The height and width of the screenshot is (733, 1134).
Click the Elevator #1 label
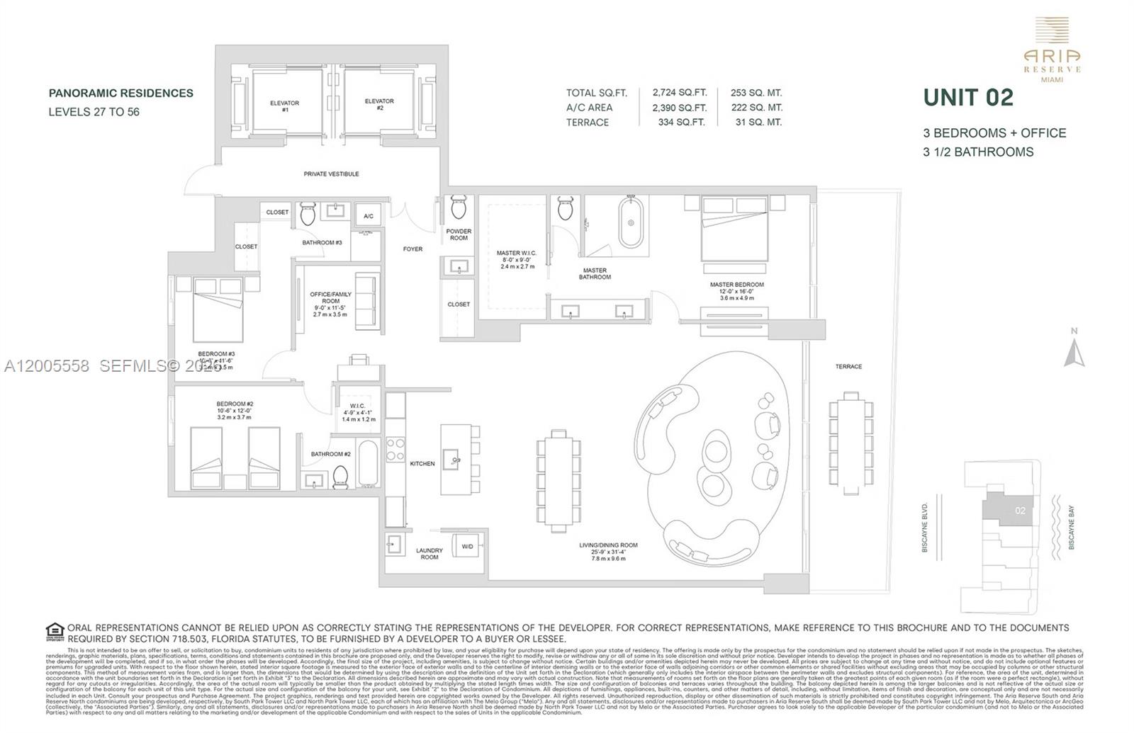[x=284, y=106]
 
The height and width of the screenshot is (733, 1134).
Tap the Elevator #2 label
[x=379, y=104]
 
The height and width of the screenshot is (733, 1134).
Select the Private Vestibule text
[x=331, y=174]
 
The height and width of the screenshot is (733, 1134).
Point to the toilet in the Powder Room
[x=459, y=208]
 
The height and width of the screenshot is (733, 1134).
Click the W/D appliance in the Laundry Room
[x=468, y=546]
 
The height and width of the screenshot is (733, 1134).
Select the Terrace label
[x=848, y=366]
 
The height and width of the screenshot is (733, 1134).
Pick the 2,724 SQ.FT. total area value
[x=680, y=93]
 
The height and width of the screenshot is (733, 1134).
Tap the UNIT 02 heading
[x=967, y=98]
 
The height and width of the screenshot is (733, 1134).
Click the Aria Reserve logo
[x=1052, y=50]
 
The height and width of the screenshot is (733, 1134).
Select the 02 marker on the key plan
[x=1019, y=510]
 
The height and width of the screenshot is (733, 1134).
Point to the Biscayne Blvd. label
[x=925, y=523]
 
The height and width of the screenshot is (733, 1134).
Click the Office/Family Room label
[x=330, y=303]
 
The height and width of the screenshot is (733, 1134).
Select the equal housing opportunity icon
[x=55, y=631]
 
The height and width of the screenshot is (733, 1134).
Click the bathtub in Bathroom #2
[x=367, y=463]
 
